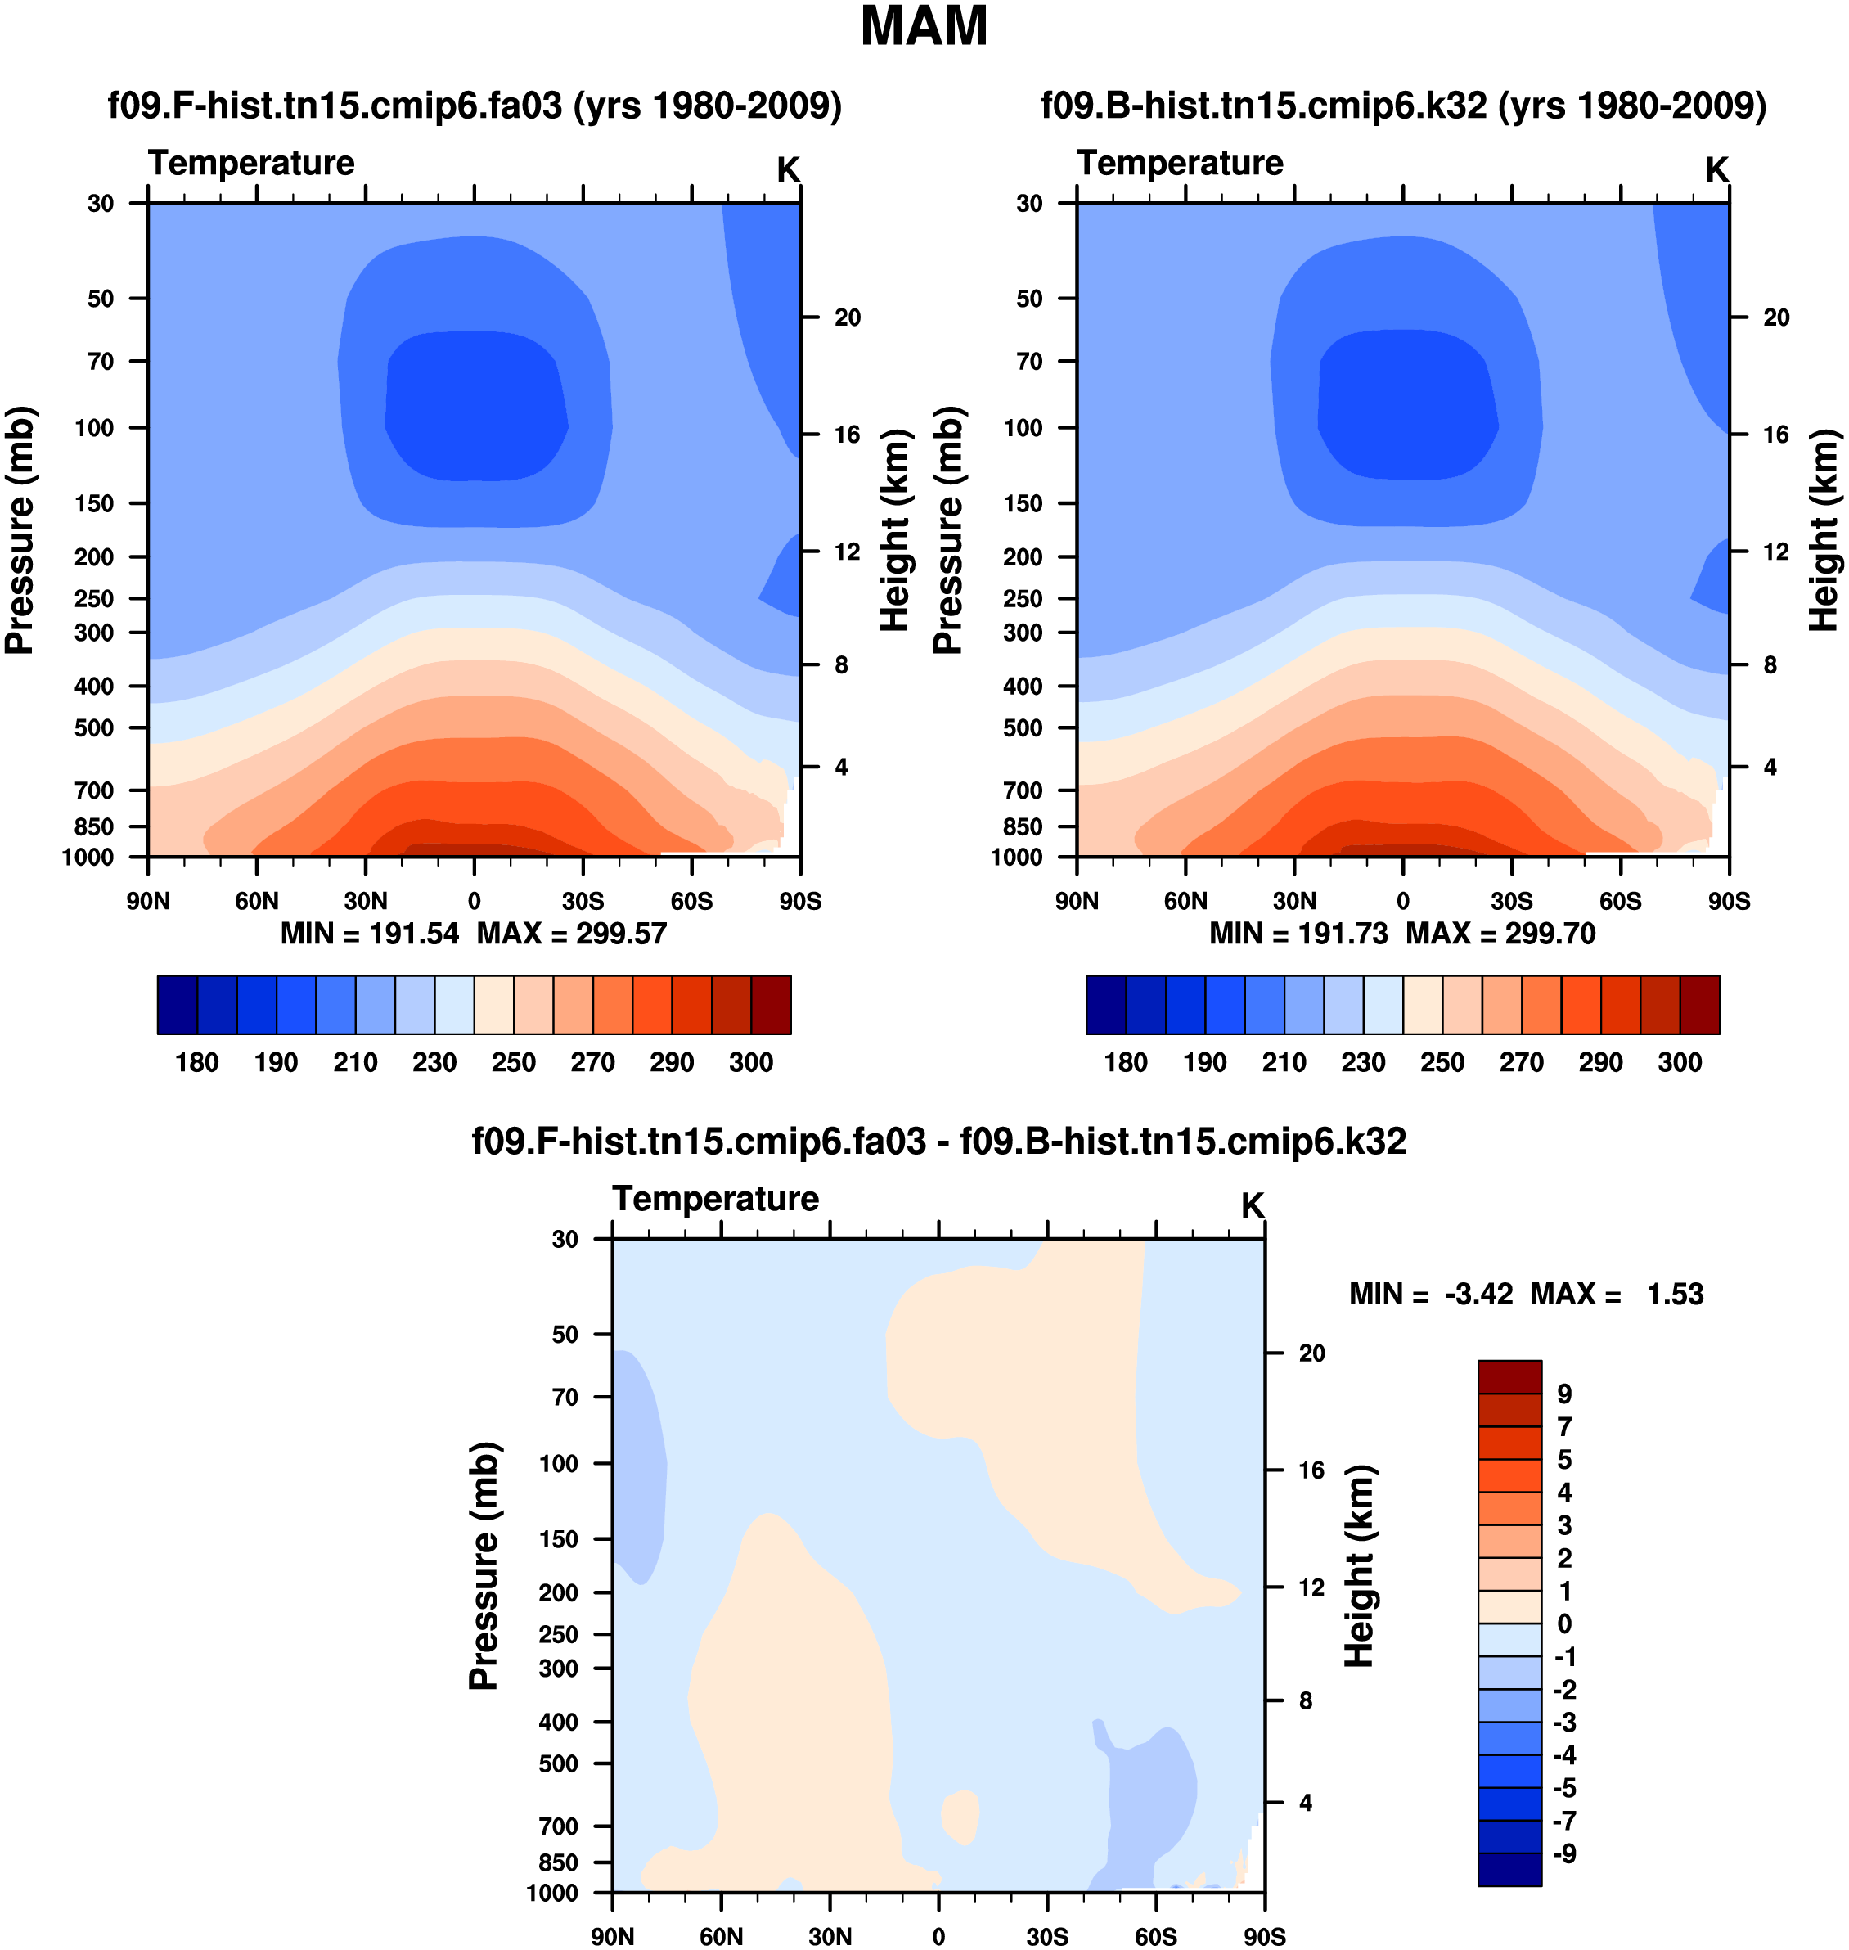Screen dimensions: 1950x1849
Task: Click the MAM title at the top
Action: tap(924, 27)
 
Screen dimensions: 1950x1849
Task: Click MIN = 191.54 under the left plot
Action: tap(370, 934)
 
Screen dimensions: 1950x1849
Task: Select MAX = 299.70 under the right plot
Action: tap(1500, 934)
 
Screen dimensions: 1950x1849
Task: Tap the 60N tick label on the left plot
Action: tap(256, 901)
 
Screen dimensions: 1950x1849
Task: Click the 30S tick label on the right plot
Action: tap(1511, 901)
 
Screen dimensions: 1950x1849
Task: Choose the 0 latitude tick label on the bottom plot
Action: tap(938, 1936)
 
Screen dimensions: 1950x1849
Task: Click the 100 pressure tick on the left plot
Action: tap(95, 428)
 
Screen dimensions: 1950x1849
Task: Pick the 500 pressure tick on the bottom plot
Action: tap(558, 1763)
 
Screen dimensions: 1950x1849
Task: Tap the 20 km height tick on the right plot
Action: tap(1776, 317)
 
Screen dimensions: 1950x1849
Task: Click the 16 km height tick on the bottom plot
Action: tap(1311, 1470)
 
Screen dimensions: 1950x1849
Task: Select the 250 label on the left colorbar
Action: tap(514, 1063)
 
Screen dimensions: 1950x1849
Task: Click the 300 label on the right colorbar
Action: tap(1680, 1063)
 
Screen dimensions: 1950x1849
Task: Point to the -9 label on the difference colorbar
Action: tap(1564, 1853)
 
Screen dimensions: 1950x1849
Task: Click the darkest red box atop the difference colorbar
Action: tap(1509, 1376)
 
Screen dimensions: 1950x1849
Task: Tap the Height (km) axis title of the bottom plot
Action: tap(1359, 1565)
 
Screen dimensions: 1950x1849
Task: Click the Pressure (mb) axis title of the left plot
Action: tap(20, 529)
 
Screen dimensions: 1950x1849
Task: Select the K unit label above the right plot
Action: tap(1717, 170)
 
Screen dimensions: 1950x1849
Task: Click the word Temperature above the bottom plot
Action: tap(716, 1199)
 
